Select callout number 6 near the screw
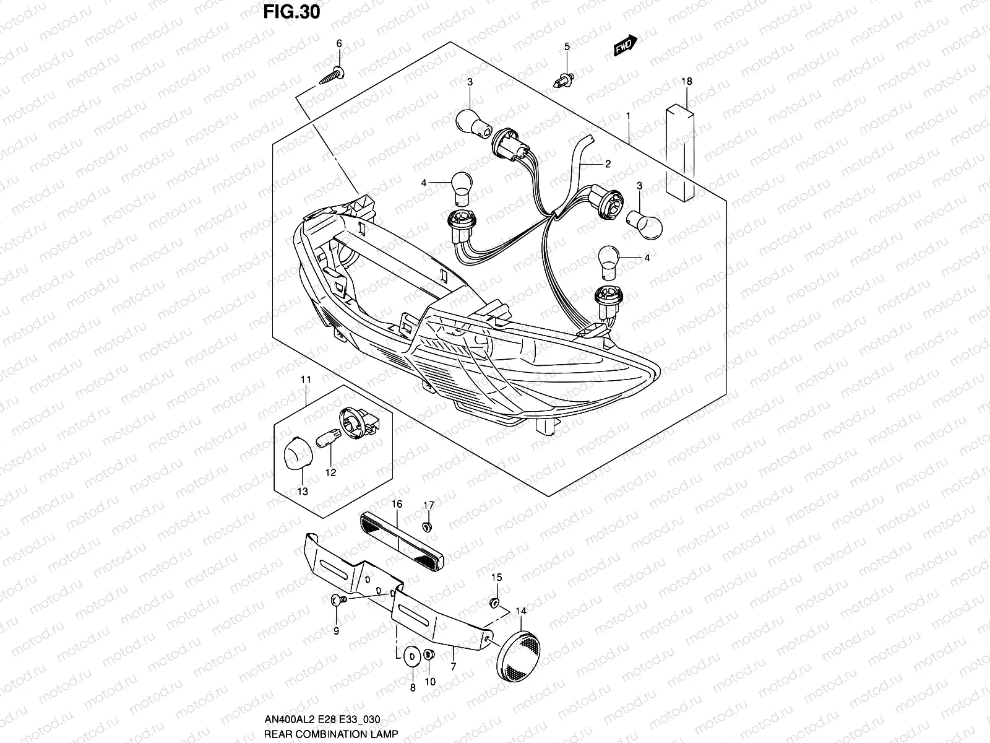(x=338, y=43)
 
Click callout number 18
(x=688, y=81)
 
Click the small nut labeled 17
(x=427, y=526)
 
